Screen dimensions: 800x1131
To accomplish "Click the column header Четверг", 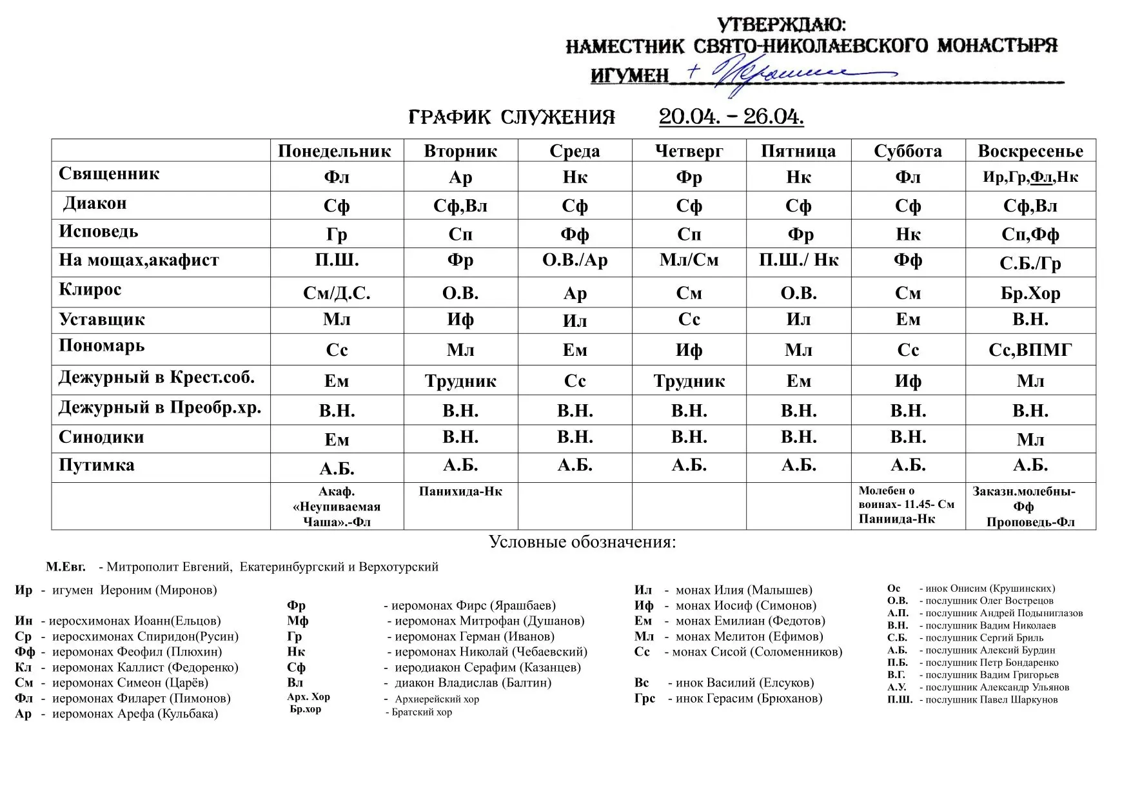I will (x=689, y=151).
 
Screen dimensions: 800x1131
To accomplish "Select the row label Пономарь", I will (x=102, y=346).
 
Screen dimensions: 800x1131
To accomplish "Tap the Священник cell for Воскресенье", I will (x=1030, y=177).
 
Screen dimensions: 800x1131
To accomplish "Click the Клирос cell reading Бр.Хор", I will (x=1030, y=293).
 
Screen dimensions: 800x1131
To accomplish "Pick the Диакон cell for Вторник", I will (x=460, y=206).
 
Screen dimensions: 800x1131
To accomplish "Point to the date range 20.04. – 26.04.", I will (x=731, y=117).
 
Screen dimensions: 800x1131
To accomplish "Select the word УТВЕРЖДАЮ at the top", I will (x=781, y=25).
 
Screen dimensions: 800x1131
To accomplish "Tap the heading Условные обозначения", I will (x=582, y=541).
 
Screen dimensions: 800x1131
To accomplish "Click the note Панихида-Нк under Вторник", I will (x=460, y=492).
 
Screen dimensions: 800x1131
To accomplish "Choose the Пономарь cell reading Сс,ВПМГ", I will (x=1030, y=349).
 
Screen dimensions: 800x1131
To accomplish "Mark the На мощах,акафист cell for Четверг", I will (x=689, y=260).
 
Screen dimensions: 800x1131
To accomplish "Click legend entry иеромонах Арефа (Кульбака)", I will (x=135, y=714).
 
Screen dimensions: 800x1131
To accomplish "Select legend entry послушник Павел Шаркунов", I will (x=991, y=699).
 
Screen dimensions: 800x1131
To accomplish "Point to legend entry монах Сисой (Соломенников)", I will (x=756, y=652).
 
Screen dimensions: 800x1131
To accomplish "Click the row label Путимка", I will (x=97, y=465).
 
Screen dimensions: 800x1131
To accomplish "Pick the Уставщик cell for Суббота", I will (x=907, y=320).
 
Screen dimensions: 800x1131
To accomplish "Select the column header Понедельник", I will (x=335, y=151).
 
